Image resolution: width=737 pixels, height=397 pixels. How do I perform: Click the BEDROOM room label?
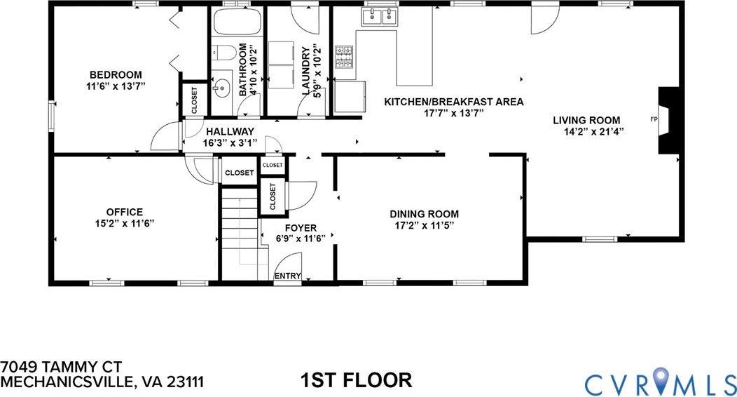tap(116, 75)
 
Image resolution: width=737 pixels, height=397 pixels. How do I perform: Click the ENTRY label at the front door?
tap(287, 276)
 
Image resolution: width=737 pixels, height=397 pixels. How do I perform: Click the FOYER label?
tap(301, 228)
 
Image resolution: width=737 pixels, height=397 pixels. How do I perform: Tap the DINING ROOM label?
tap(424, 214)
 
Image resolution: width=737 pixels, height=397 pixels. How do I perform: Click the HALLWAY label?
tap(229, 131)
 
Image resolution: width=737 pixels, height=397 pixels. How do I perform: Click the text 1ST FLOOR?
tap(355, 381)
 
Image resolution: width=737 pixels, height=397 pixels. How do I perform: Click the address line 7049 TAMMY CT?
tap(62, 367)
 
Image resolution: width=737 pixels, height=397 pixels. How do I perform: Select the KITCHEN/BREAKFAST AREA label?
tap(453, 102)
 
